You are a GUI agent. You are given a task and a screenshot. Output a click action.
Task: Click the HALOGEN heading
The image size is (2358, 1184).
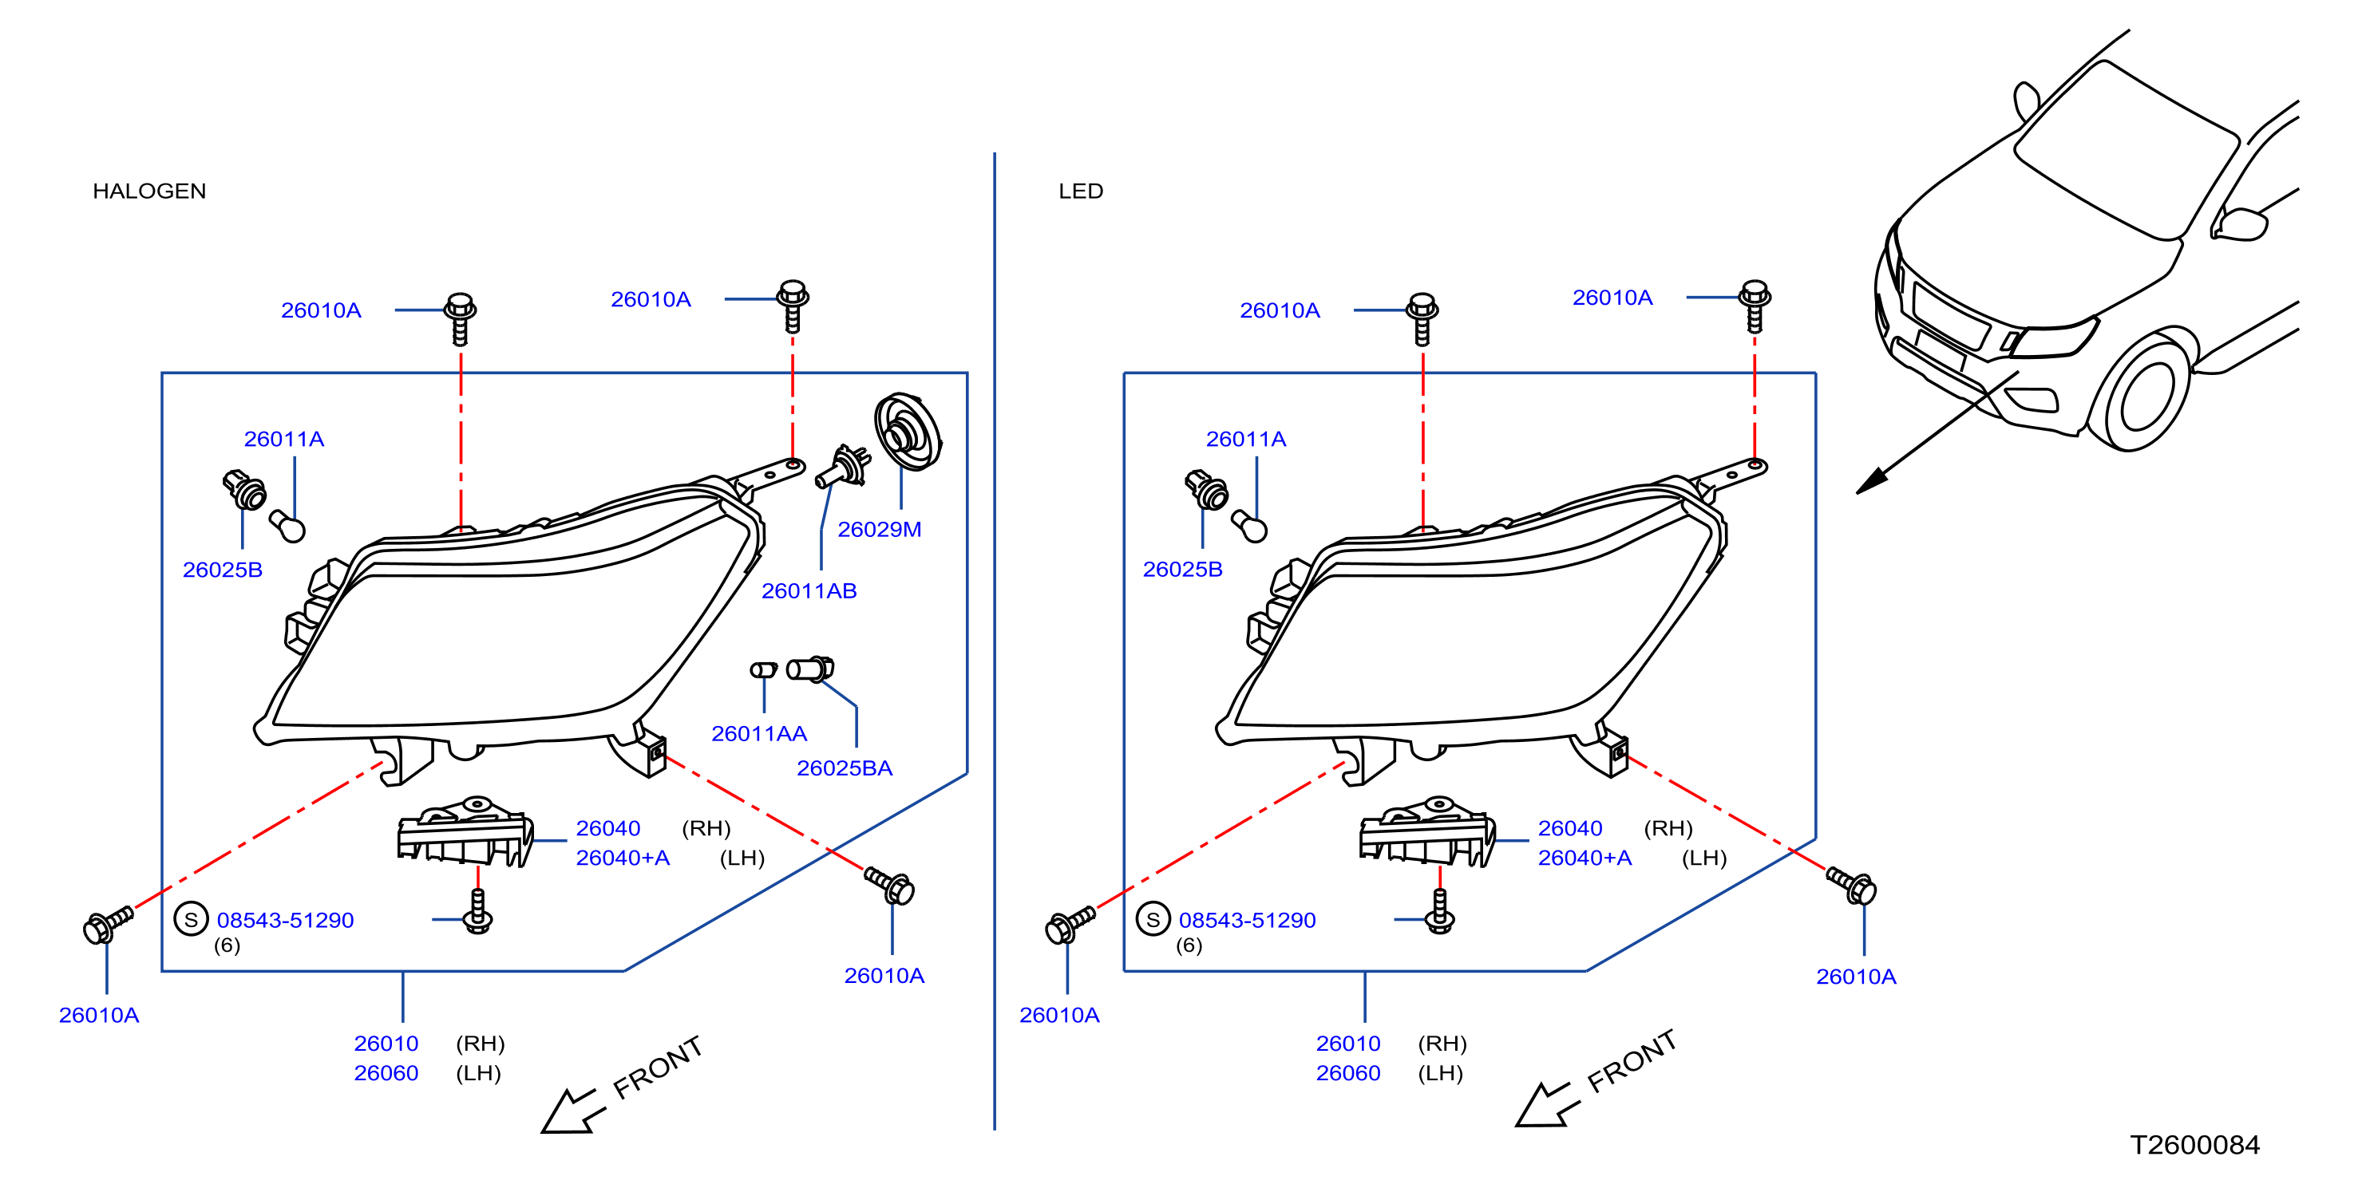coord(149,191)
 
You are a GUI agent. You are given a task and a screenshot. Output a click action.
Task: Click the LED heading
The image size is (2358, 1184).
coord(1080,191)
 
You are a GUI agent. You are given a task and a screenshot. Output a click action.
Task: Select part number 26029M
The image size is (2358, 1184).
coord(879,529)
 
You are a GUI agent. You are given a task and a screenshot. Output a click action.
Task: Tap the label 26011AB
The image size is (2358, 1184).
coord(809,590)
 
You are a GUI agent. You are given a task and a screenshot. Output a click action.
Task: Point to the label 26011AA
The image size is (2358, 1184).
coord(759,733)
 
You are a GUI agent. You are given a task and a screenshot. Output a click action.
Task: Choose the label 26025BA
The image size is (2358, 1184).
coord(844,768)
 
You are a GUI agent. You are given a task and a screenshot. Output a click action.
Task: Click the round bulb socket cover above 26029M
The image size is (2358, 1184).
coord(907,431)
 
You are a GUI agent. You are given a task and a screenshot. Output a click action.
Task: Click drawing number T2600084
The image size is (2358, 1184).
coord(2194,1145)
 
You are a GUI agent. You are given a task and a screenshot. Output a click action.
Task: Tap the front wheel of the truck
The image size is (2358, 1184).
coord(2146,393)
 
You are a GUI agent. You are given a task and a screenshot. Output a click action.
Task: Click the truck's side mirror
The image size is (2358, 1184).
coord(2239,224)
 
